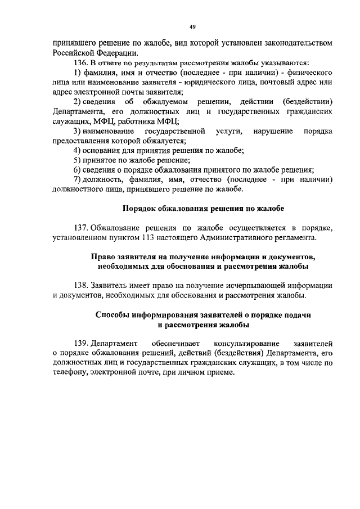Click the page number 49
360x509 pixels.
click(192, 26)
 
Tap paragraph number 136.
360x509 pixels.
click(82, 63)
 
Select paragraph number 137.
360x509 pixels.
click(82, 227)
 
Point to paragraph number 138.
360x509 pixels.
click(82, 285)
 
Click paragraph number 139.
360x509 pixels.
click(82, 343)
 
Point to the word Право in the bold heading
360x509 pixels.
click(103, 256)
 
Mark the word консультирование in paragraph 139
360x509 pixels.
click(242, 343)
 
